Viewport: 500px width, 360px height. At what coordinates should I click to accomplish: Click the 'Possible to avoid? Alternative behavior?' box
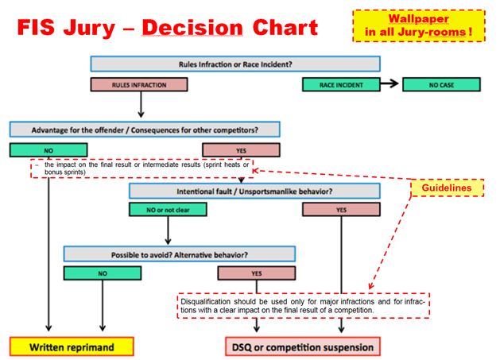179,254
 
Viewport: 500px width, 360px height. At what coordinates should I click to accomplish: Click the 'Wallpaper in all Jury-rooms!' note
418,25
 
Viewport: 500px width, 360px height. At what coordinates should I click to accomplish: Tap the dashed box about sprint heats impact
141,168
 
